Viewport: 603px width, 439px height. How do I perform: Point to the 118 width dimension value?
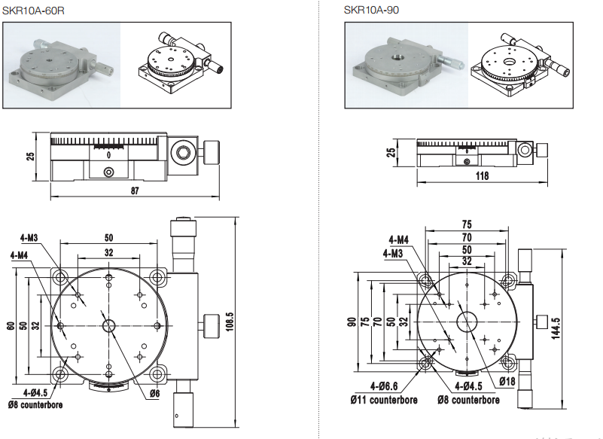pos(483,176)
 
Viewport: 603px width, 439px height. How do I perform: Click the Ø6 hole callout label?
pos(154,393)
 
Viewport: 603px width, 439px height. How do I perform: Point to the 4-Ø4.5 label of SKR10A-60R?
pos(35,393)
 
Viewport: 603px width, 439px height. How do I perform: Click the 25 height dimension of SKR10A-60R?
pos(31,157)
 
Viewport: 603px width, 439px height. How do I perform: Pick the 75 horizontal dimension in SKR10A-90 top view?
pos(466,224)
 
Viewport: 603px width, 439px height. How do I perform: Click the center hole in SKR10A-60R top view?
pos(108,326)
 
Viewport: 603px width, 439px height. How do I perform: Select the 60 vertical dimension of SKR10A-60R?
pos(11,325)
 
